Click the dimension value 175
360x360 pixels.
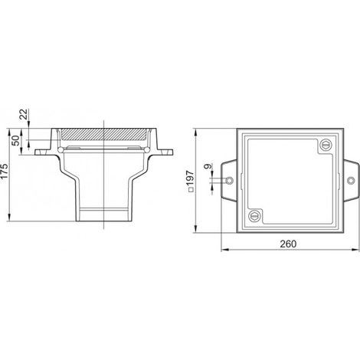(5, 171)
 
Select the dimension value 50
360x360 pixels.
(16, 141)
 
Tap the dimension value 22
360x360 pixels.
(24, 114)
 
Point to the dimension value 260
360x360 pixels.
(288, 244)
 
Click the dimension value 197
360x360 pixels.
(191, 178)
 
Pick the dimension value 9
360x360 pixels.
(208, 166)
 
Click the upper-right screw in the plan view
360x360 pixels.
(326, 145)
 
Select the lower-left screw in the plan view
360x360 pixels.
(254, 216)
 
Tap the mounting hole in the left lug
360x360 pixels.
(230, 181)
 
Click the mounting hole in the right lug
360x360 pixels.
(351, 181)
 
